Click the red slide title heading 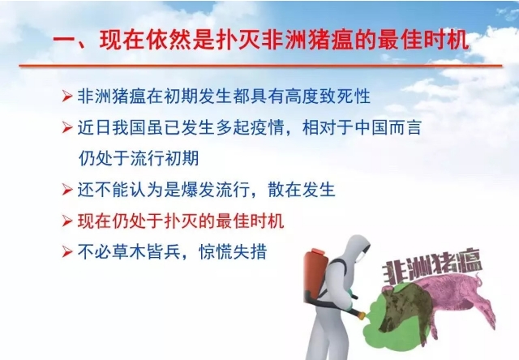[x=261, y=40]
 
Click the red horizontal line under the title [x=260, y=66]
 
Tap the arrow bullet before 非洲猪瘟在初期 [x=66, y=96]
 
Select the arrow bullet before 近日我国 [x=66, y=127]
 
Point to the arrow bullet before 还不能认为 [x=66, y=190]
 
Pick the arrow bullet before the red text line [x=66, y=221]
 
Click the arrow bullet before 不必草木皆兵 [x=66, y=252]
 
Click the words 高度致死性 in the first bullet [x=328, y=96]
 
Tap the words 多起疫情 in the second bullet [x=251, y=127]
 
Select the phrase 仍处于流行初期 [x=139, y=158]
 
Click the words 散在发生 [x=302, y=190]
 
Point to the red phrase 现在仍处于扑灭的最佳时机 [x=181, y=221]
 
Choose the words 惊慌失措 [x=233, y=252]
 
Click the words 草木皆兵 [x=146, y=252]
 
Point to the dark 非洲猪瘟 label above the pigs [x=432, y=266]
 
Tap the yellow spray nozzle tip [x=362, y=315]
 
